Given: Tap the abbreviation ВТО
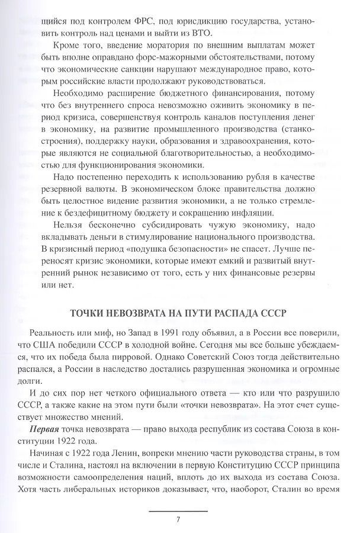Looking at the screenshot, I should (205, 33).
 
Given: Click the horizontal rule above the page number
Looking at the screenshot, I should (178, 510).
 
